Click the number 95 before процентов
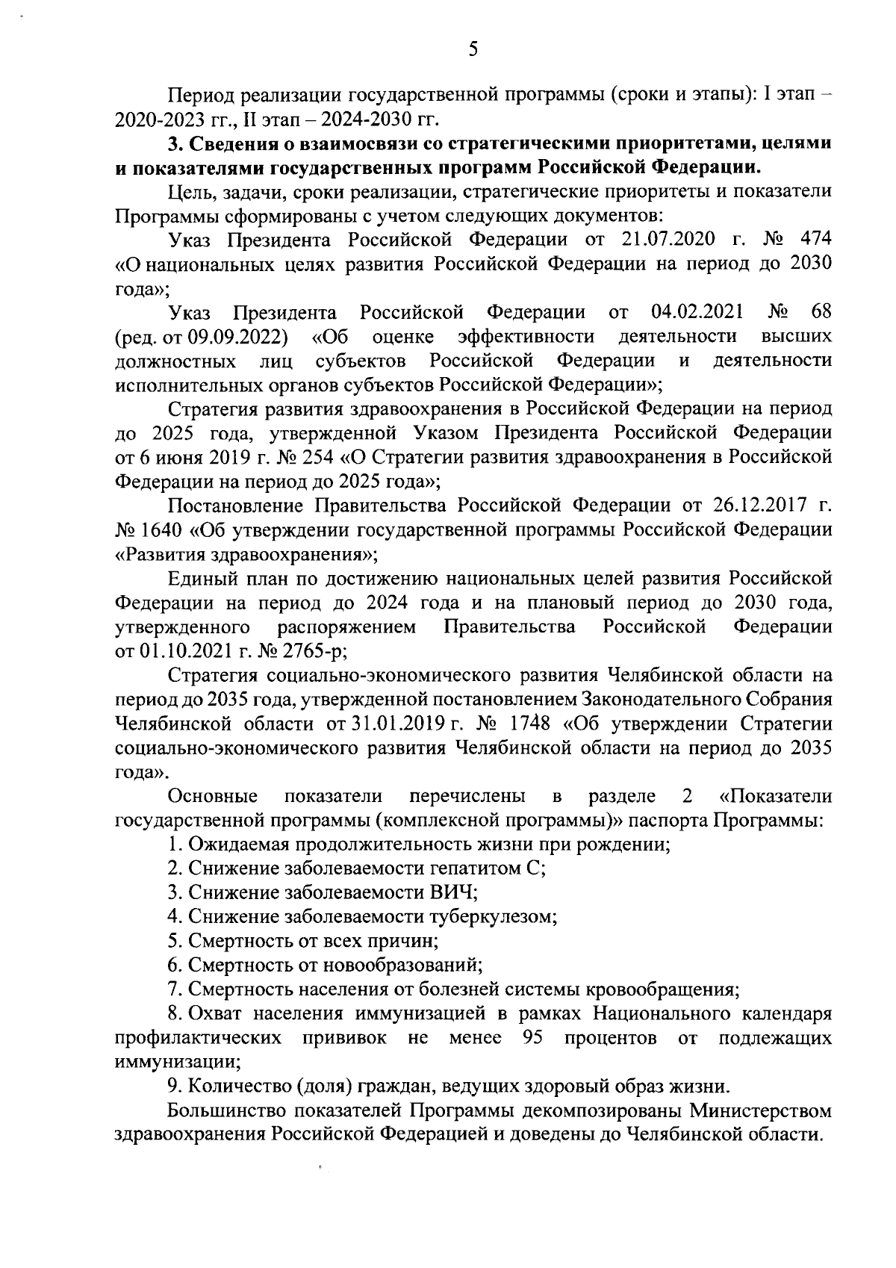coord(533,1038)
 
